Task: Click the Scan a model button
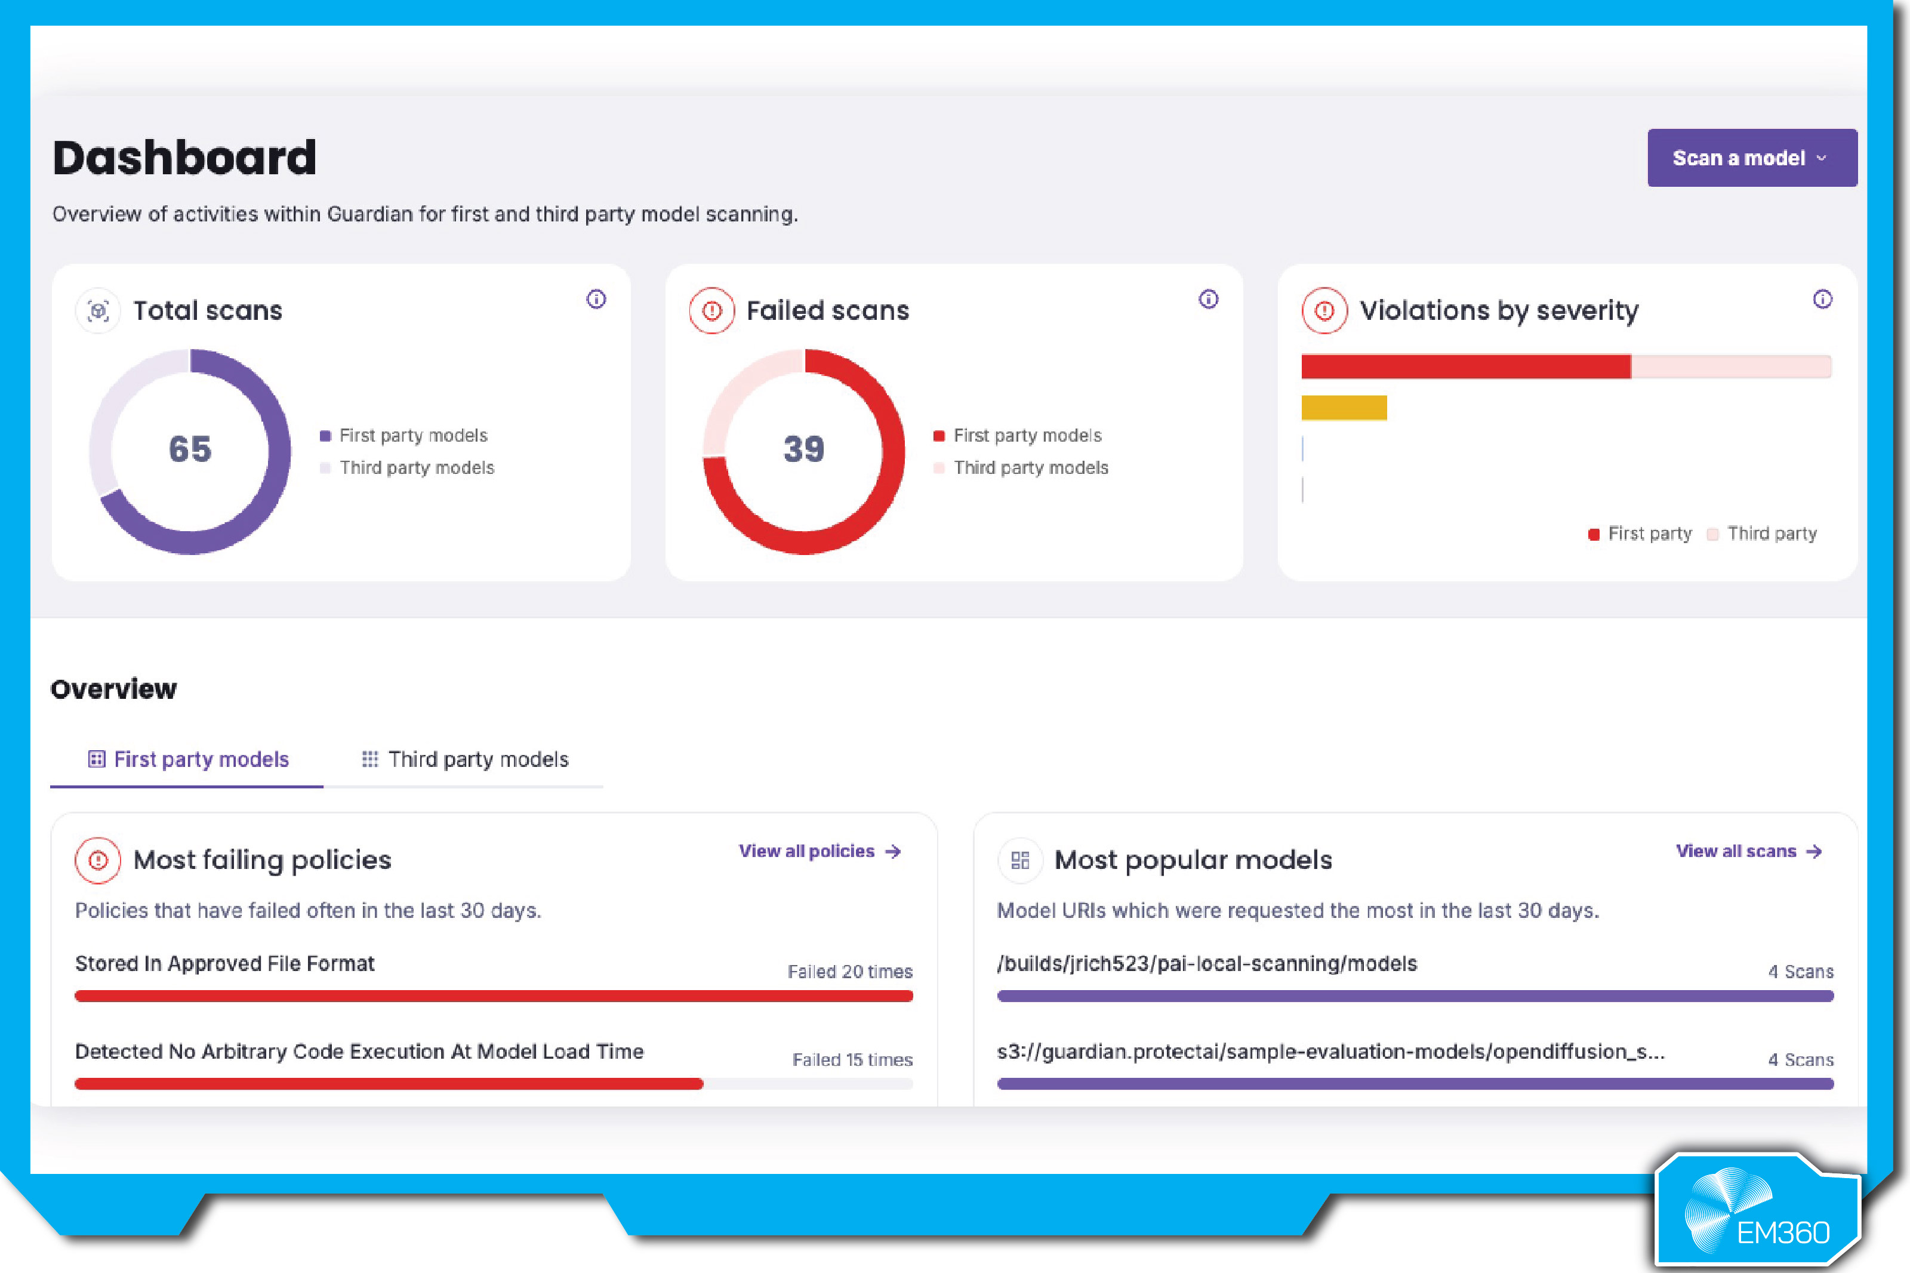(x=1751, y=158)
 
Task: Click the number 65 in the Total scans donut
(x=190, y=449)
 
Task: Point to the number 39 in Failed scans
(x=803, y=449)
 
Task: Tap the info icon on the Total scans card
(x=596, y=300)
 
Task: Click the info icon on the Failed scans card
(x=1208, y=300)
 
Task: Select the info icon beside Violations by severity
(x=1822, y=300)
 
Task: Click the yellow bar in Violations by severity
(x=1344, y=408)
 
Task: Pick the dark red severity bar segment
(x=1465, y=367)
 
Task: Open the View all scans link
(x=1748, y=851)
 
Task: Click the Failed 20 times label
(x=850, y=972)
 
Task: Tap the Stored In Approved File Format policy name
(x=225, y=964)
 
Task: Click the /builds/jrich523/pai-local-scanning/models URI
(x=1206, y=964)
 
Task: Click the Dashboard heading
(x=184, y=158)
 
